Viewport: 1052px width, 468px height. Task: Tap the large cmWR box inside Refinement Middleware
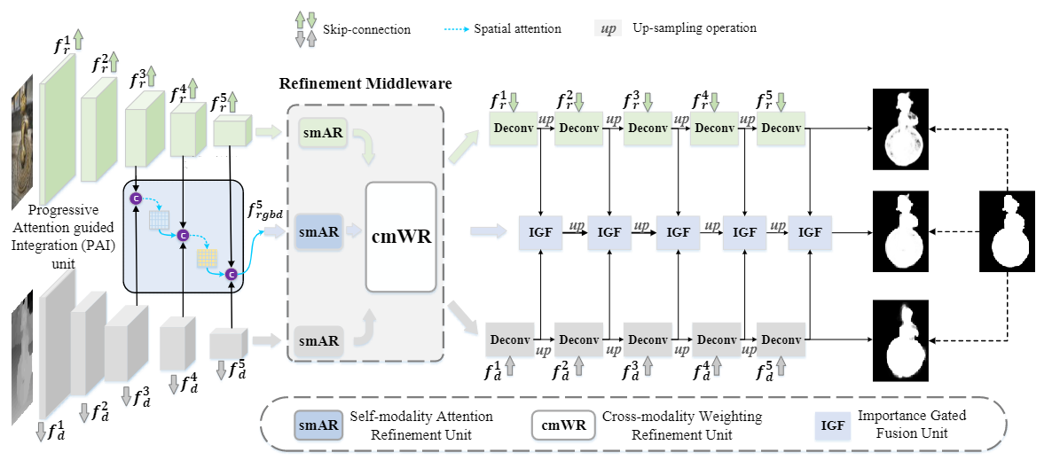coord(400,238)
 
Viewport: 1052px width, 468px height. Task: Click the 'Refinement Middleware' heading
coord(365,83)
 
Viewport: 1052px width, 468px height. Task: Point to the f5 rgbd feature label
coord(264,214)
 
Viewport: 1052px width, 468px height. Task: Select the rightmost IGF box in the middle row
coord(810,232)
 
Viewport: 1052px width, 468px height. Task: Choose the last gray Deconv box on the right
coord(781,339)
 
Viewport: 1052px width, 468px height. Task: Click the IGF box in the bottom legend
coord(832,425)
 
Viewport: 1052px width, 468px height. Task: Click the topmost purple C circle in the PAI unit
coord(137,198)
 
